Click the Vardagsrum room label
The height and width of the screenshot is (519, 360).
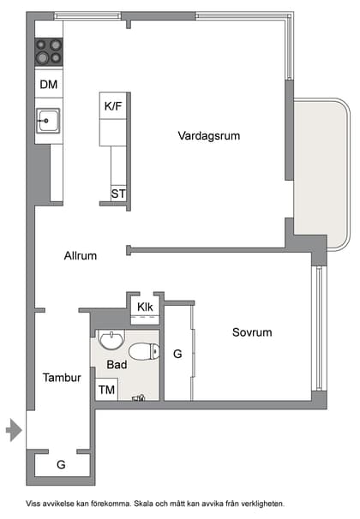pos(208,135)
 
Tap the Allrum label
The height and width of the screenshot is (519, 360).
pos(80,255)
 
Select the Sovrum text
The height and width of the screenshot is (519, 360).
pos(251,332)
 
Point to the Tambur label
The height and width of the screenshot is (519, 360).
pos(62,377)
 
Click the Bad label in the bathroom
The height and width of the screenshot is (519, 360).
pos(117,364)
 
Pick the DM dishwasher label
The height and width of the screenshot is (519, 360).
pos(49,84)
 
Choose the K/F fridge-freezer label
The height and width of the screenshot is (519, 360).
pos(113,106)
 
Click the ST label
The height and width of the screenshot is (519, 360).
pos(118,194)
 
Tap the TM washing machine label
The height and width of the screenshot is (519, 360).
pos(106,390)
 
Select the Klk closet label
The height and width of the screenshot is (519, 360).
pos(144,307)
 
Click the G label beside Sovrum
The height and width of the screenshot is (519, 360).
pos(177,353)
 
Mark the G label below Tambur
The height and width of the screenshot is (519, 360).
pos(61,464)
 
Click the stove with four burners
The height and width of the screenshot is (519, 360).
pos(49,52)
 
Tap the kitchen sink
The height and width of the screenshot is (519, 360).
pos(47,121)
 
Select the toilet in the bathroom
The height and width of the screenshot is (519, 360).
pos(143,351)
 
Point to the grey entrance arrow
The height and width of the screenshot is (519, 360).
pos(13,429)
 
